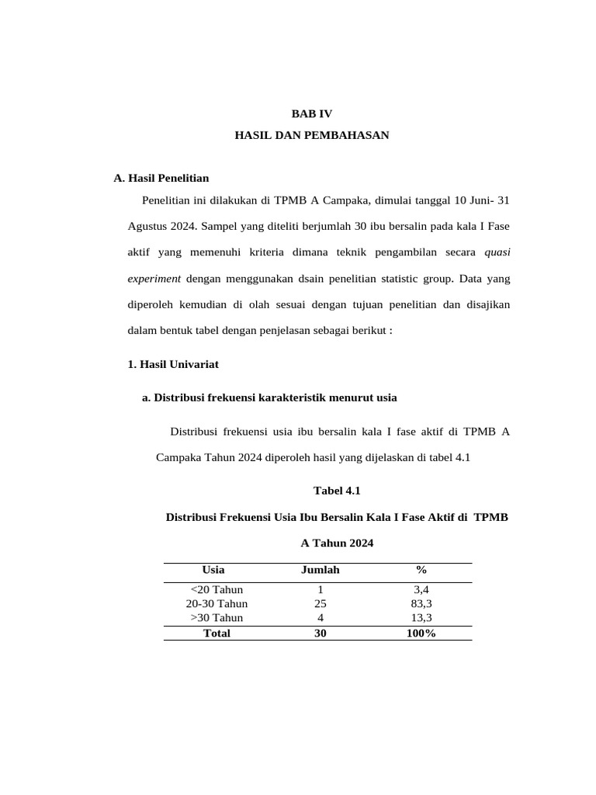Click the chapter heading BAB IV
pyautogui.click(x=311, y=113)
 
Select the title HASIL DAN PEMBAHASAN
pyautogui.click(x=311, y=135)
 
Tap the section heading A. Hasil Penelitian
pyautogui.click(x=161, y=179)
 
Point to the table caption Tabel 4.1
pyautogui.click(x=337, y=491)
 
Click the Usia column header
pyautogui.click(x=213, y=570)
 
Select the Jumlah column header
pyautogui.click(x=320, y=570)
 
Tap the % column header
pyautogui.click(x=421, y=570)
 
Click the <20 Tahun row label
pyautogui.click(x=217, y=589)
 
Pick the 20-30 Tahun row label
pyautogui.click(x=217, y=603)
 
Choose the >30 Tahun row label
pyautogui.click(x=217, y=618)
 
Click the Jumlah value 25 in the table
pyautogui.click(x=320, y=603)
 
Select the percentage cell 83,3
pyautogui.click(x=421, y=603)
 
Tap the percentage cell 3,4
pyautogui.click(x=421, y=589)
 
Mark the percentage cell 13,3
pyautogui.click(x=421, y=618)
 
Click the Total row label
pyautogui.click(x=217, y=633)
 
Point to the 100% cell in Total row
pyautogui.click(x=421, y=633)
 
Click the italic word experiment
pyautogui.click(x=154, y=278)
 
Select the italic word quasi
pyautogui.click(x=497, y=252)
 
